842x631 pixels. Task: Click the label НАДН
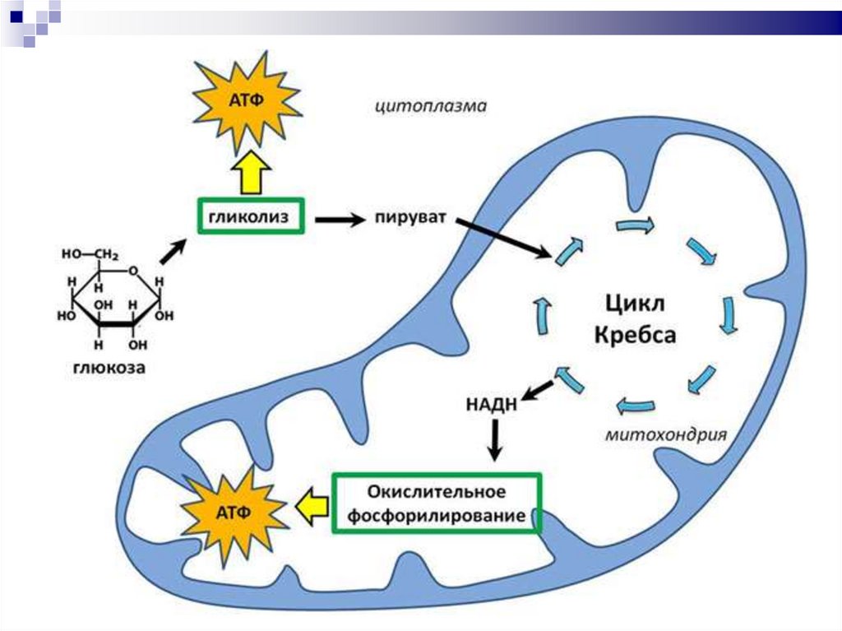(491, 404)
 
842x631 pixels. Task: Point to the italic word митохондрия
(667, 434)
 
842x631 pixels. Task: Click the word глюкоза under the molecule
(107, 369)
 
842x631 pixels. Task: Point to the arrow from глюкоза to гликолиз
(172, 251)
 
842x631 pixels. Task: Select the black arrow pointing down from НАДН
(494, 440)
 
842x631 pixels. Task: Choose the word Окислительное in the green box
(436, 492)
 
